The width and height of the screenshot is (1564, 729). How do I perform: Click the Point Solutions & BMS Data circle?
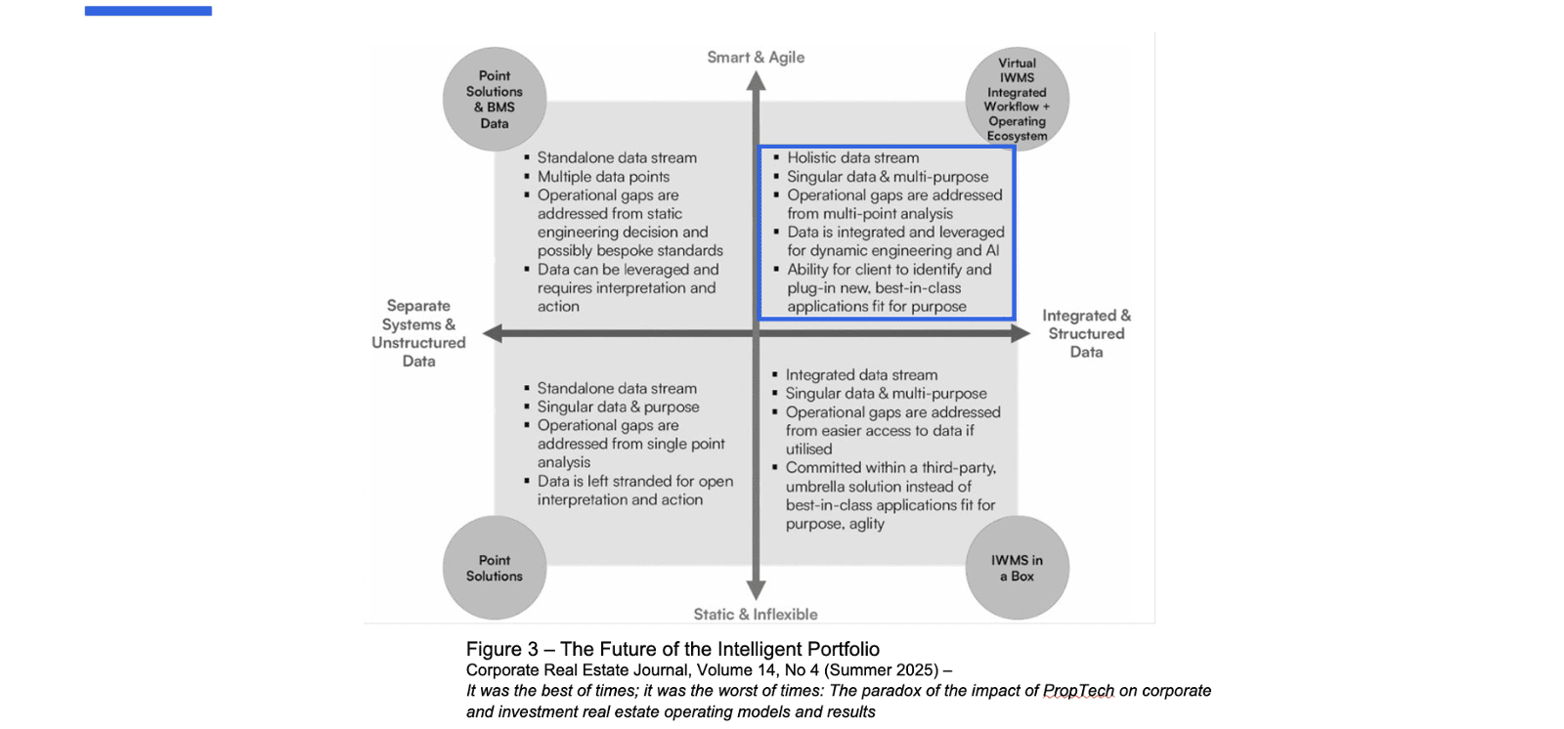495,99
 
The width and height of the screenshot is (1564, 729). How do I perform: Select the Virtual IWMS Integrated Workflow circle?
1017,99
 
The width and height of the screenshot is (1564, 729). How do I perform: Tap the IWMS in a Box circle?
1017,568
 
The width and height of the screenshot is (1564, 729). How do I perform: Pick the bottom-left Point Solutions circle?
495,568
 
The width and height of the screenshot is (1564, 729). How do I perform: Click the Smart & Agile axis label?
756,58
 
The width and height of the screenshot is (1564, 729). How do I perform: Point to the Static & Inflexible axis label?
756,615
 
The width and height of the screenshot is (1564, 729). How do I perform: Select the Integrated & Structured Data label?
1086,333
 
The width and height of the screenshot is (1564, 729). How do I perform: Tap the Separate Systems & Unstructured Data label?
418,333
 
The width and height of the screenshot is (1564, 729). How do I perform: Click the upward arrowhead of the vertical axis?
756,81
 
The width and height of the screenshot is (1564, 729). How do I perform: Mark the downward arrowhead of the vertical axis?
756,590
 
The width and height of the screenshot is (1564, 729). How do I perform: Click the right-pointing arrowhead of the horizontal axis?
1020,333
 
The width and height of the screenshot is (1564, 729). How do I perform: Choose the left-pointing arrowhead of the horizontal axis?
493,333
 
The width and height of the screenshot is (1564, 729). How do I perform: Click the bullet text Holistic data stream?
852,158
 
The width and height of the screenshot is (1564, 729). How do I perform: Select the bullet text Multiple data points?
603,177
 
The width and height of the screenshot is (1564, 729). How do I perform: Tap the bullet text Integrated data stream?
861,375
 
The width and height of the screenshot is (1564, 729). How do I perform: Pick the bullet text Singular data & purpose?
618,407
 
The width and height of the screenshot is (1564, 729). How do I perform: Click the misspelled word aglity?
866,524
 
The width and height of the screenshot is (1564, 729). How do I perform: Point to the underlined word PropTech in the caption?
1078,691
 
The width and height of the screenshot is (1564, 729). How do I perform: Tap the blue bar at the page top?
149,11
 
